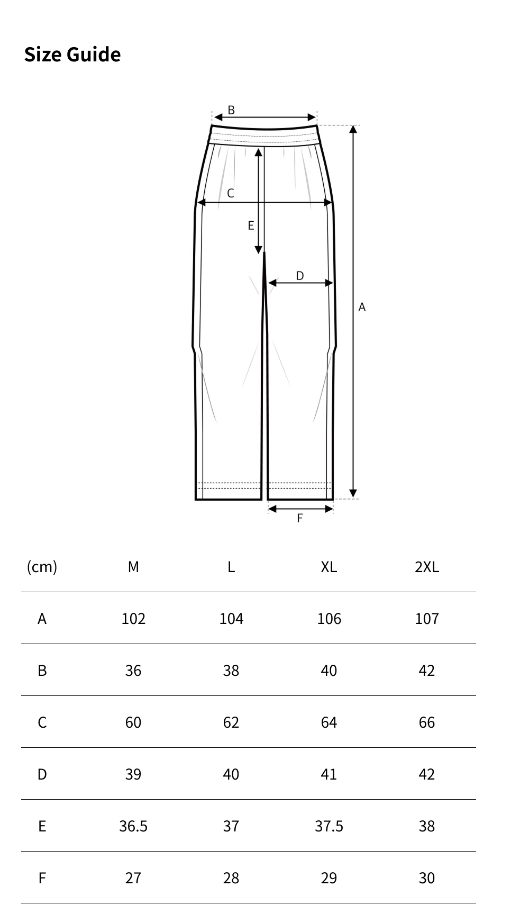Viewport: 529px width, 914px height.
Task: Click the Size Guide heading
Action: [72, 55]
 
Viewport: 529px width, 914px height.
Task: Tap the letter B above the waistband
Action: [231, 110]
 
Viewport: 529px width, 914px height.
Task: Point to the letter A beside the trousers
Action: [362, 307]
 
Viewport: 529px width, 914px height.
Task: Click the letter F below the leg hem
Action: [300, 518]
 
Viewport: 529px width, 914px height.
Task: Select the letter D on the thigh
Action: [300, 276]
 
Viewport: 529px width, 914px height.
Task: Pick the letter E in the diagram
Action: [251, 226]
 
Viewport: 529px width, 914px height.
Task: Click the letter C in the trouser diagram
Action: [231, 194]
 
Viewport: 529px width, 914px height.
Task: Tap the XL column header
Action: [329, 567]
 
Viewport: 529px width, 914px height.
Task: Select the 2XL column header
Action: [427, 567]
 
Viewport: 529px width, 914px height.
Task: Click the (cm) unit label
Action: [42, 567]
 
